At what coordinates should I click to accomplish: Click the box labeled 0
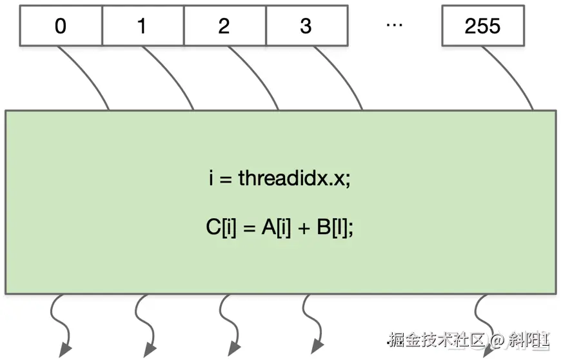(x=61, y=26)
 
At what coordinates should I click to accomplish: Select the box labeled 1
(x=143, y=26)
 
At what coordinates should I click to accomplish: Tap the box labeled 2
(x=224, y=26)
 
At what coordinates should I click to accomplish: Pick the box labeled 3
(x=306, y=26)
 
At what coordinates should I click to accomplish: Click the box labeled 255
(x=482, y=26)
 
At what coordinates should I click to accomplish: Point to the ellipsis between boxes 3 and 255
(x=394, y=25)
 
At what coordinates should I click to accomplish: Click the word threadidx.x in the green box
(x=294, y=178)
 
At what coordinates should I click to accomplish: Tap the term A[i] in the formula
(x=276, y=228)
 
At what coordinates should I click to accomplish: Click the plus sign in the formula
(x=304, y=228)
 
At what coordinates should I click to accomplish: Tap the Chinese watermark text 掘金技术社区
(x=437, y=340)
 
